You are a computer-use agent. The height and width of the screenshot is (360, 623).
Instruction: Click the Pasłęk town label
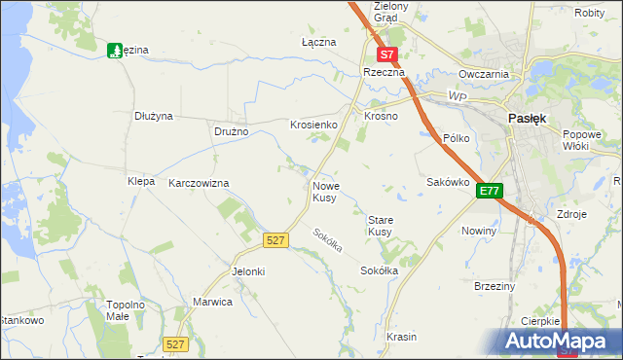528,118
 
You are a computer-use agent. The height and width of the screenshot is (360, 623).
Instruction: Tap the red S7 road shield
387,55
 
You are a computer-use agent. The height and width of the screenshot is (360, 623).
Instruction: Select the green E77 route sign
489,193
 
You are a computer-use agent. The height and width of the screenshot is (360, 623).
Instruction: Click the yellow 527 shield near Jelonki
275,239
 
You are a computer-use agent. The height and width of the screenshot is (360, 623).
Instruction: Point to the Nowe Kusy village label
325,191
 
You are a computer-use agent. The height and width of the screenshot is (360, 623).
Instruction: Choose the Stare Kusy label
380,226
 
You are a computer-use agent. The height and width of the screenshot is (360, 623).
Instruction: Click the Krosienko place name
313,126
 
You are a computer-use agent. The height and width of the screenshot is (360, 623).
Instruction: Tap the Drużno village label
232,131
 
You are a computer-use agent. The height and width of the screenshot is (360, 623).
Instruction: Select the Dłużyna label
154,116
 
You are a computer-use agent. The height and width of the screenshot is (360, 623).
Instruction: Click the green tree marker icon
115,51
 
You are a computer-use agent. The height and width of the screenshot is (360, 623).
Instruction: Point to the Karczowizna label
199,183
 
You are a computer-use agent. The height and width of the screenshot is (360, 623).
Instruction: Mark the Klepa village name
141,181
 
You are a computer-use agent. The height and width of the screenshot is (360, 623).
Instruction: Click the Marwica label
212,302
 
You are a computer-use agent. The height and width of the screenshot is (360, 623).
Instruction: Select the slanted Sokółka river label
328,240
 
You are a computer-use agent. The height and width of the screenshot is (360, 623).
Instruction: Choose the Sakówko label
449,182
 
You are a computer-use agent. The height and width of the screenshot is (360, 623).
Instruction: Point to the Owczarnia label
485,74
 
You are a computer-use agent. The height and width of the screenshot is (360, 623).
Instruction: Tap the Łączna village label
318,43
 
